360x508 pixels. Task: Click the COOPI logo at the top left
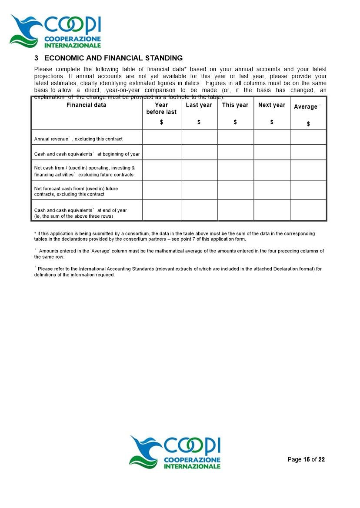pyautogui.click(x=56, y=31)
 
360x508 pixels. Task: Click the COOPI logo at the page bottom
pyautogui.click(x=175, y=452)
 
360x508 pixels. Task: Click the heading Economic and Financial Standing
pyautogui.click(x=108, y=58)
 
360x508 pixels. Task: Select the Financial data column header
pyautogui.click(x=86, y=105)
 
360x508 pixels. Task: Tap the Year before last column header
pyautogui.click(x=161, y=108)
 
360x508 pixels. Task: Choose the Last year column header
pyautogui.click(x=199, y=105)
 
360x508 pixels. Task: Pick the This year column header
pyautogui.click(x=235, y=105)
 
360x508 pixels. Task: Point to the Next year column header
pyautogui.click(x=272, y=105)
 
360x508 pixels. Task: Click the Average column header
pyautogui.click(x=306, y=107)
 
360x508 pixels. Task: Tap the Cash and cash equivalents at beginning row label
pyautogui.click(x=87, y=154)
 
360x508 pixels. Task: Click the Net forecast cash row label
pyautogui.click(x=76, y=191)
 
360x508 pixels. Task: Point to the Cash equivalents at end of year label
pyautogui.click(x=80, y=213)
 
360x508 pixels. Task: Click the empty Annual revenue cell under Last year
pyautogui.click(x=199, y=137)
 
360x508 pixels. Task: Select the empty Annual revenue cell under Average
pyautogui.click(x=308, y=137)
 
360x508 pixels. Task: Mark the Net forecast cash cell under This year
pyautogui.click(x=235, y=190)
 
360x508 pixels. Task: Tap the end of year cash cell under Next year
pyautogui.click(x=272, y=210)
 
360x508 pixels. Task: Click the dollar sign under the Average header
pyautogui.click(x=308, y=124)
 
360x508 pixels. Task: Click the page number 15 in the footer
pyautogui.click(x=307, y=459)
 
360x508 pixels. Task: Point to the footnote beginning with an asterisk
pyautogui.click(x=174, y=236)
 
